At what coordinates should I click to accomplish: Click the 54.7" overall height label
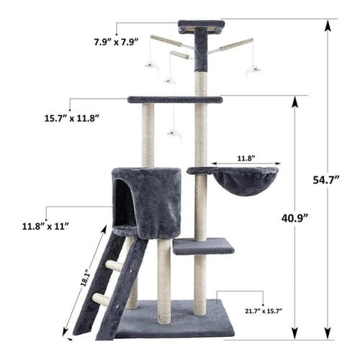click(326, 180)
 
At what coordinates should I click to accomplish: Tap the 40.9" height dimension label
click(294, 218)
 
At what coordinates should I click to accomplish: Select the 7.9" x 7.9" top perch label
click(116, 42)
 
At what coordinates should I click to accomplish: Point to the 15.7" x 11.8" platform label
click(72, 118)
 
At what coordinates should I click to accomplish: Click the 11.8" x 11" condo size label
click(45, 226)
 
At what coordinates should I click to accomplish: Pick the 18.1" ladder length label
click(85, 279)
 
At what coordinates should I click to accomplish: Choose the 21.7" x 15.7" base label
click(264, 311)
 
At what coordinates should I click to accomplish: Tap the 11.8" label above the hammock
click(246, 158)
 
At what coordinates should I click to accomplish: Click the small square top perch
click(202, 27)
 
